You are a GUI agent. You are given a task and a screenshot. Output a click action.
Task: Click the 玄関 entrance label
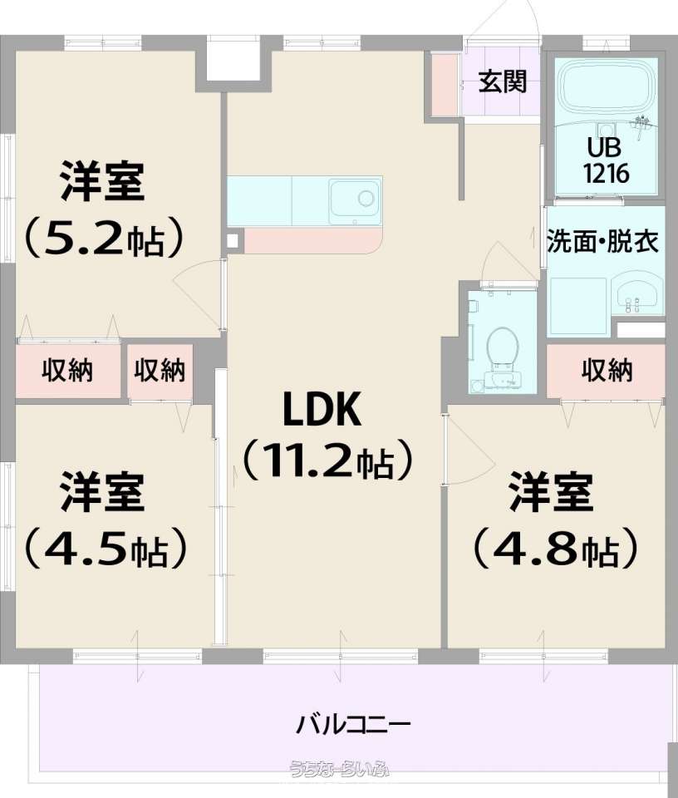502,81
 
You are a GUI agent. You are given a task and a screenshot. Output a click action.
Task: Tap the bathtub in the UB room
606,87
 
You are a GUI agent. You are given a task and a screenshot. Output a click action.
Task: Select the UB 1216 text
606,160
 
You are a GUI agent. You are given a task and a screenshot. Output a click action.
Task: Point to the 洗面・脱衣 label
602,241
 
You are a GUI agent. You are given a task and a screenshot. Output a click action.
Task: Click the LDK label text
322,410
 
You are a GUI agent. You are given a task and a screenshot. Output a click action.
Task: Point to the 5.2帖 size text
104,239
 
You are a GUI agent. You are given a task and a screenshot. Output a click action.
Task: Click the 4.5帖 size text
105,549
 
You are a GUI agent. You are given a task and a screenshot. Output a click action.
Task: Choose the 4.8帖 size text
555,549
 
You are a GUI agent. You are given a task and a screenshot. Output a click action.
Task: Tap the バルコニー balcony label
352,725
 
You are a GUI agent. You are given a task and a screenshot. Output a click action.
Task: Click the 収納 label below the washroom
607,371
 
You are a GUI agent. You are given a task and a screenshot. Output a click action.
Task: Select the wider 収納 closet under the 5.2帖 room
68,371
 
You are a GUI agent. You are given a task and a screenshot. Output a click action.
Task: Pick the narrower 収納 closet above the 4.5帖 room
160,371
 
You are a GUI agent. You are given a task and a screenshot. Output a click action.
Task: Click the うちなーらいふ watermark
339,768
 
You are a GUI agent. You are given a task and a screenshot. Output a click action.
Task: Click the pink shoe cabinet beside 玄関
445,84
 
